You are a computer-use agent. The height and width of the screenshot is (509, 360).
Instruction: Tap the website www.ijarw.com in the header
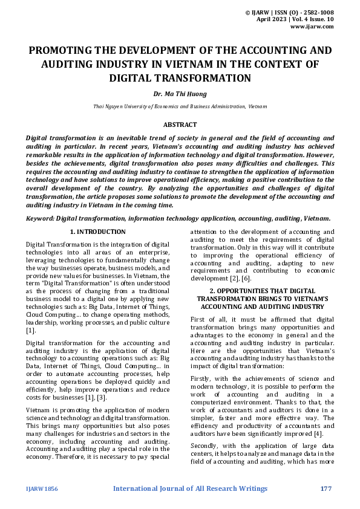tap(312, 27)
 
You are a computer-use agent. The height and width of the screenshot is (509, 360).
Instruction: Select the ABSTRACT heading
tap(180, 125)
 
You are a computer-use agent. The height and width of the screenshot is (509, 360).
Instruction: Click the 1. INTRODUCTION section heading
tap(97, 232)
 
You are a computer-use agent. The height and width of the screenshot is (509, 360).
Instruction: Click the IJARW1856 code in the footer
tap(42, 488)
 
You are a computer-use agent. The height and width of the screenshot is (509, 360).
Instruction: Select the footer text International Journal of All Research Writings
tap(189, 488)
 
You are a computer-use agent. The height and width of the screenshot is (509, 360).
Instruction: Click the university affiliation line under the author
tap(180, 106)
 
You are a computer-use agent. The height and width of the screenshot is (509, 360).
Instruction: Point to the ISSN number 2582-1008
tap(316, 12)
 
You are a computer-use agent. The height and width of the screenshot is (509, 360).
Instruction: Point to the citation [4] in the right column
tap(318, 433)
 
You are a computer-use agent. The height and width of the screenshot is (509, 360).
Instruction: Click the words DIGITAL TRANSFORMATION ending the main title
tap(180, 78)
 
